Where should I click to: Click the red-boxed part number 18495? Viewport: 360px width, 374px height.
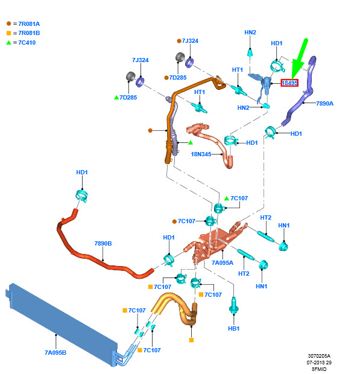point(289,83)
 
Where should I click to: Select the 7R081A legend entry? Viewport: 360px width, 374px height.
point(23,24)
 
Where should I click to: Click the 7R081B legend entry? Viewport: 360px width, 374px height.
point(23,33)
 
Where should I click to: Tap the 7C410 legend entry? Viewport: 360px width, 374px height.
point(21,42)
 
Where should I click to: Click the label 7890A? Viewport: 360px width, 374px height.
point(324,104)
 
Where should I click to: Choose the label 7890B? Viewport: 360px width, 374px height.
point(103,243)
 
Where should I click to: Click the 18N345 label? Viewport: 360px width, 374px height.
point(201,154)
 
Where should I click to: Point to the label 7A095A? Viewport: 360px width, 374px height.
point(223,262)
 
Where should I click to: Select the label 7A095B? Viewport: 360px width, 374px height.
point(55,352)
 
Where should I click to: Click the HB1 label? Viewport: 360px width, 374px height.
point(233,328)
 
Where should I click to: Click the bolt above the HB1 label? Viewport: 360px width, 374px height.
point(233,306)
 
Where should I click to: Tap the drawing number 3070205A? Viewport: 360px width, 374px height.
point(319,356)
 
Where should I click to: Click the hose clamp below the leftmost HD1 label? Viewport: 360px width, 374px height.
point(82,195)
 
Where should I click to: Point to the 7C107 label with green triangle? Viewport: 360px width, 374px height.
point(236,198)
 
